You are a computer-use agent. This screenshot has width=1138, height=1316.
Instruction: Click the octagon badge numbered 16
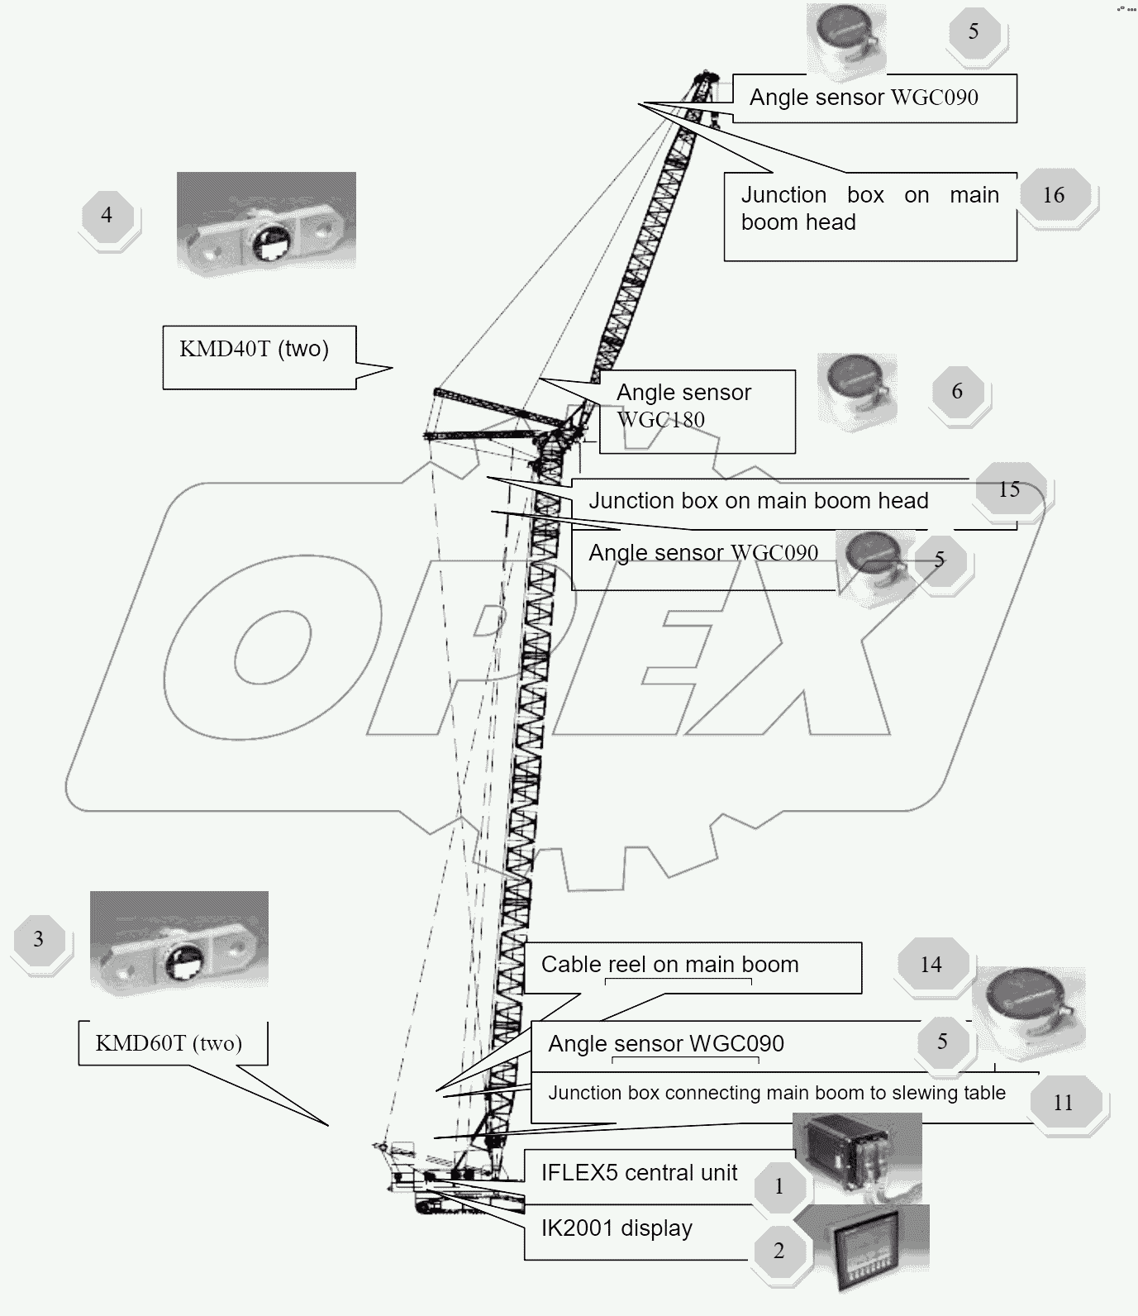pyautogui.click(x=1053, y=195)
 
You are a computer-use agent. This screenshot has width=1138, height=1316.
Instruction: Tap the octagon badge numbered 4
pyautogui.click(x=107, y=215)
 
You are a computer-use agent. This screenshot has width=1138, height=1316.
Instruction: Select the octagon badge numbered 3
pyautogui.click(x=38, y=939)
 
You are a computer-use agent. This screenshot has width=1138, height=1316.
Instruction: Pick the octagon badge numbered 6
pyautogui.click(x=957, y=391)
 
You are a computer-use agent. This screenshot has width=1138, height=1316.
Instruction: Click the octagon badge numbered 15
pyautogui.click(x=1008, y=489)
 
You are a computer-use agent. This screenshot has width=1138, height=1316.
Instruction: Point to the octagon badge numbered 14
pyautogui.click(x=931, y=965)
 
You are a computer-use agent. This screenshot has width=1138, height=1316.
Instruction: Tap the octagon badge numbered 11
pyautogui.click(x=1063, y=1102)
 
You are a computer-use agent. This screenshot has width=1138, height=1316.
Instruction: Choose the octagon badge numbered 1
pyautogui.click(x=779, y=1187)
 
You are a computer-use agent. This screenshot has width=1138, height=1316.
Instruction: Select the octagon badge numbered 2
pyautogui.click(x=779, y=1251)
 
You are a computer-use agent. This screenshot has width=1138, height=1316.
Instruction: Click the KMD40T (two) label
pyautogui.click(x=255, y=349)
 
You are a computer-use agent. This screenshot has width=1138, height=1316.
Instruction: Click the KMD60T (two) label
pyautogui.click(x=169, y=1043)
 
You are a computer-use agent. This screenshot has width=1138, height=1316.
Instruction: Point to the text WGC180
pyautogui.click(x=661, y=420)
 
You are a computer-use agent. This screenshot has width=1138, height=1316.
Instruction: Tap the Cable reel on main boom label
pyautogui.click(x=669, y=965)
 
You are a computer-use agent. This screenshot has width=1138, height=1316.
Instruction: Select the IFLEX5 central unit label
pyautogui.click(x=639, y=1173)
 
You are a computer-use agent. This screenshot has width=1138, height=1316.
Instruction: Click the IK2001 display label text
pyautogui.click(x=617, y=1228)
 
